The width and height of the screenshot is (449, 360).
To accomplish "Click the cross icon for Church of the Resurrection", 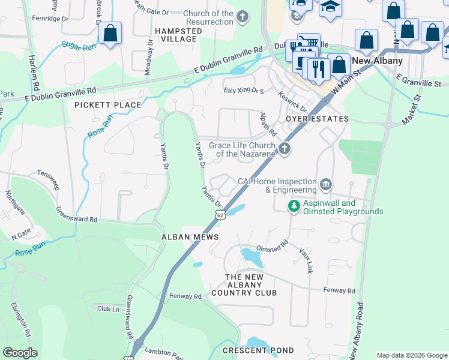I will pyautogui.click(x=243, y=17).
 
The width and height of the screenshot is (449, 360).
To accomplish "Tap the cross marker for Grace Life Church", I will pyautogui.click(x=285, y=149).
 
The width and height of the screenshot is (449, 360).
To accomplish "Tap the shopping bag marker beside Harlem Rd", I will pyautogui.click(x=110, y=34).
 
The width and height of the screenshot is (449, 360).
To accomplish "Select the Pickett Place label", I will pyautogui.click(x=107, y=105).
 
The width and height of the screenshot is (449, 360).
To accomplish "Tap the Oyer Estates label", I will pyautogui.click(x=317, y=119).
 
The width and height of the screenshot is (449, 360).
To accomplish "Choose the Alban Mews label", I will pyautogui.click(x=184, y=237).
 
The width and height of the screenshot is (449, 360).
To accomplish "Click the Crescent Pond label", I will pyautogui.click(x=258, y=350).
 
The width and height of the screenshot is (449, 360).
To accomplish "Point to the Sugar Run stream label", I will pyautogui.click(x=79, y=46).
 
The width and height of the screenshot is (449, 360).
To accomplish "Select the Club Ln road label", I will pyautogui.click(x=108, y=308).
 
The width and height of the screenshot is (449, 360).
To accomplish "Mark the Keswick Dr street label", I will pyautogui.click(x=292, y=101).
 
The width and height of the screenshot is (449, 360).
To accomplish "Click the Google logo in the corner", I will pyautogui.click(x=20, y=353).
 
